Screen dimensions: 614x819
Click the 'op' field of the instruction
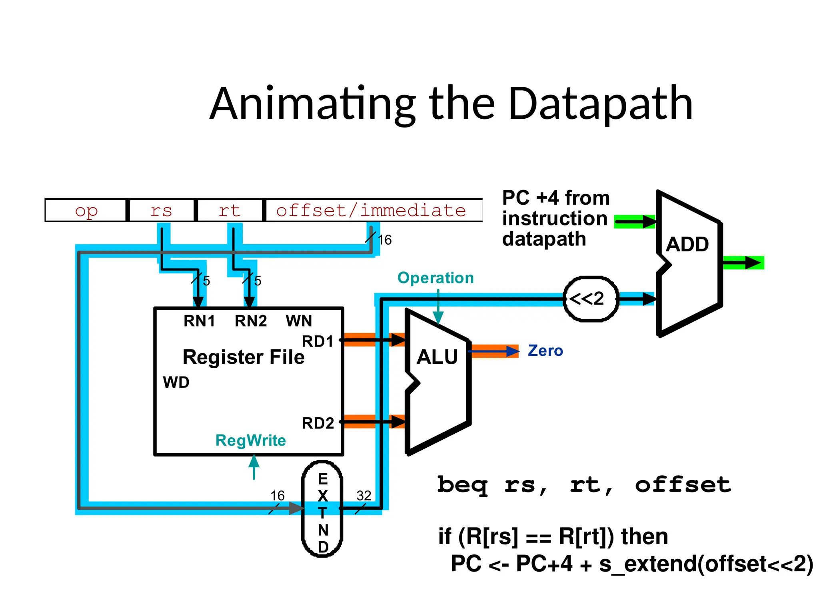tap(86, 210)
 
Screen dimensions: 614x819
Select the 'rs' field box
tap(161, 210)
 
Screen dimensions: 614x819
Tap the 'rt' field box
tap(230, 210)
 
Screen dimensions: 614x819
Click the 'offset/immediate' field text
tap(371, 210)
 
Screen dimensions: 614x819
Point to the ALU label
tap(437, 357)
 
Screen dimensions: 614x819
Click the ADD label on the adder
tap(687, 244)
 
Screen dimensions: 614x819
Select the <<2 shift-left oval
tap(591, 299)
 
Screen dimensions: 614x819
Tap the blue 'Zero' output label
tap(545, 351)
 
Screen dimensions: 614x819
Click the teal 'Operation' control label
tap(435, 278)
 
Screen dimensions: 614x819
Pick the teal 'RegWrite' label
tap(250, 441)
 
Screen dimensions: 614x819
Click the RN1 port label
tap(199, 321)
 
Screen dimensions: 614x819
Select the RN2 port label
tap(251, 321)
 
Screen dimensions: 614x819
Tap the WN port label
tap(299, 321)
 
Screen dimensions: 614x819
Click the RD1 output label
tap(318, 342)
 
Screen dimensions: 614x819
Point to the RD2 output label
tap(318, 423)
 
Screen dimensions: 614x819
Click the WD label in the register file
tap(176, 383)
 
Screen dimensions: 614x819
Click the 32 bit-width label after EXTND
tap(364, 496)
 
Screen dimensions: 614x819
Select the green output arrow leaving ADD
tap(743, 263)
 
